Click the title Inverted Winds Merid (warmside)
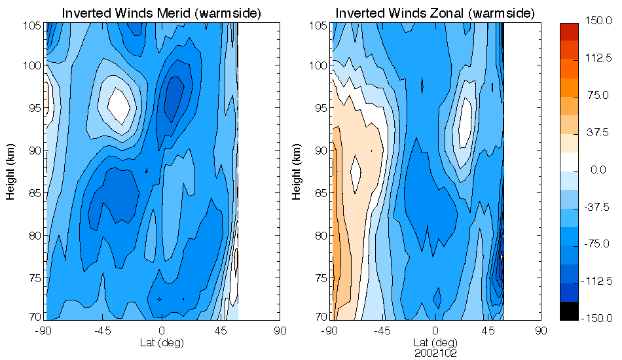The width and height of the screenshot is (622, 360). [x=152, y=13]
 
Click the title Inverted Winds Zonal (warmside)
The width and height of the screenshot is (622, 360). [x=435, y=13]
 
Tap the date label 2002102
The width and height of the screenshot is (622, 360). [x=435, y=352]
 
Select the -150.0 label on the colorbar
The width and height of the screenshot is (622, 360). [x=598, y=318]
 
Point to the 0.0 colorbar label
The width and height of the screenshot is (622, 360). [x=598, y=170]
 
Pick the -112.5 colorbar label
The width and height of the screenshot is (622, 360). [x=598, y=281]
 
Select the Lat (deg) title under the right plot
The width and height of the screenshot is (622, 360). [x=435, y=342]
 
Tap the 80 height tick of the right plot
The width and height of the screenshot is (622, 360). [x=320, y=235]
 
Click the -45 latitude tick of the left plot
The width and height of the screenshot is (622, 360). [x=102, y=331]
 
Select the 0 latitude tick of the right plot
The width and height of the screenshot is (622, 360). [x=435, y=331]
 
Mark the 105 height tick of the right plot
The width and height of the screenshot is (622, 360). [x=318, y=26]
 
